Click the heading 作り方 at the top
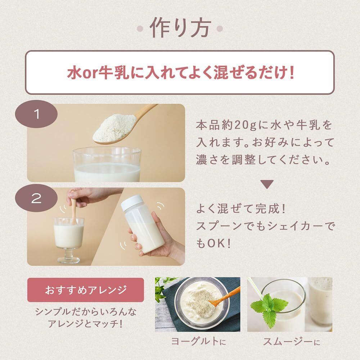[x=180, y=28]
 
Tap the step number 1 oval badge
[x=36, y=114]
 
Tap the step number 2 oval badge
[x=36, y=198]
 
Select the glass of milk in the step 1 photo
[x=107, y=165]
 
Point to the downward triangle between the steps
[x=267, y=184]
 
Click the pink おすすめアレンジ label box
[x=86, y=290]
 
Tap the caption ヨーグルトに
[x=199, y=341]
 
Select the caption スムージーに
[x=291, y=342]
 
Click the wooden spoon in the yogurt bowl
[x=224, y=297]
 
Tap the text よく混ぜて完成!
[x=241, y=209]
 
